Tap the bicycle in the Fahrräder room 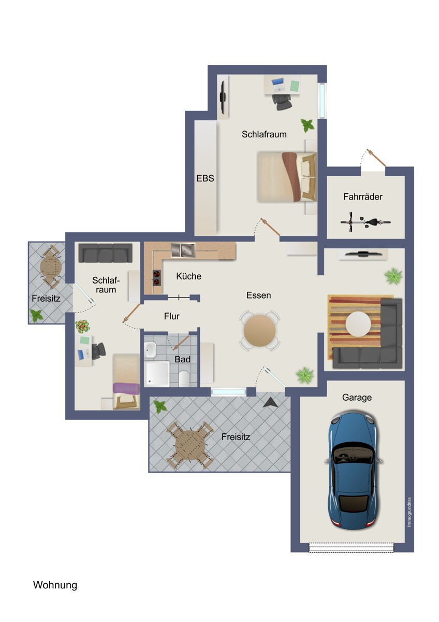pyautogui.click(x=365, y=222)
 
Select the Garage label pyautogui.click(x=357, y=398)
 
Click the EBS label pyautogui.click(x=205, y=178)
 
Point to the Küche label pyautogui.click(x=188, y=276)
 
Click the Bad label pyautogui.click(x=182, y=359)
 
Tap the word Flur pyautogui.click(x=172, y=316)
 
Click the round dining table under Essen pyautogui.click(x=259, y=331)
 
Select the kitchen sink pyautogui.click(x=183, y=250)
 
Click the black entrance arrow pyautogui.click(x=270, y=402)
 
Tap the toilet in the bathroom pyautogui.click(x=184, y=378)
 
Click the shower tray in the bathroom pyautogui.click(x=157, y=374)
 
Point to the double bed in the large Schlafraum pyautogui.click(x=287, y=177)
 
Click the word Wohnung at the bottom pyautogui.click(x=55, y=585)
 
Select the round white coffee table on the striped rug pyautogui.click(x=358, y=324)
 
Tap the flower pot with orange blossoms pyautogui.click(x=82, y=327)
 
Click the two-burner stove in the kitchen pyautogui.click(x=157, y=278)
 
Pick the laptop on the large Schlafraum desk pyautogui.click(x=278, y=84)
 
